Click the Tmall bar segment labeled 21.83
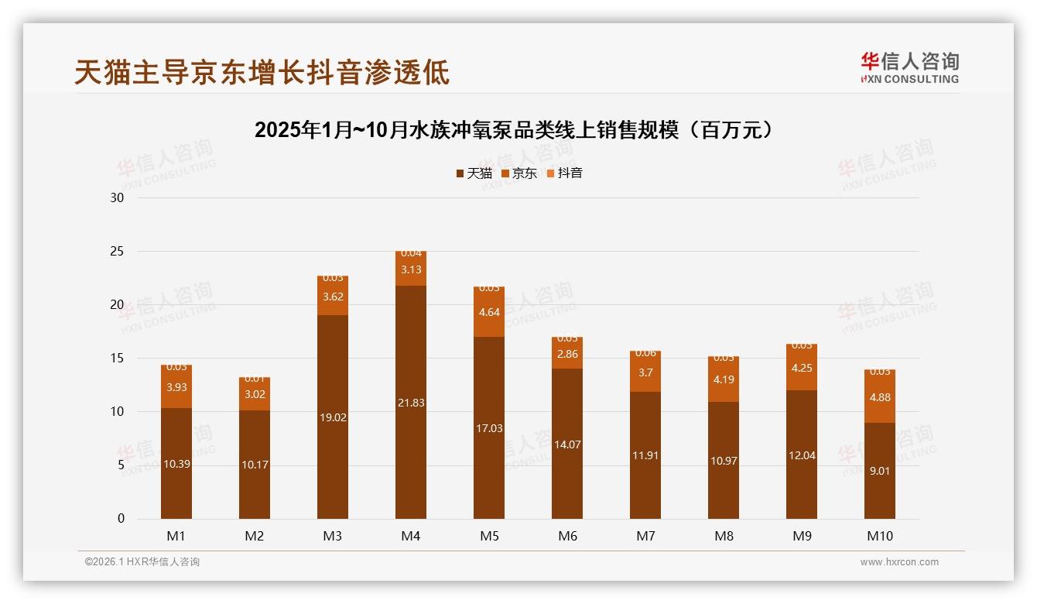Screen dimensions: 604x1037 pyautogui.click(x=411, y=403)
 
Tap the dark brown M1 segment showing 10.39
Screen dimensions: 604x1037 pyautogui.click(x=176, y=463)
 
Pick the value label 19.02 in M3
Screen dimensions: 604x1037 pyautogui.click(x=333, y=417)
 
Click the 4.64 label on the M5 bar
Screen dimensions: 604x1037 pyautogui.click(x=489, y=313)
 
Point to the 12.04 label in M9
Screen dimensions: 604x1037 pyautogui.click(x=802, y=455)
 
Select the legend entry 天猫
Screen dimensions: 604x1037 pyautogui.click(x=474, y=173)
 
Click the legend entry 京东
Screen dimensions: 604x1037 pyautogui.click(x=519, y=173)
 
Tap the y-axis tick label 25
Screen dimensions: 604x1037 pyautogui.click(x=118, y=252)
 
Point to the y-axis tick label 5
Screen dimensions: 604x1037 pyautogui.click(x=121, y=465)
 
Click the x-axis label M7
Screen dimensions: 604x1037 pyautogui.click(x=645, y=536)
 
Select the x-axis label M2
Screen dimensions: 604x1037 pyautogui.click(x=255, y=536)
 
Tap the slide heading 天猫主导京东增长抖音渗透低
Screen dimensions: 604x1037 pyautogui.click(x=262, y=72)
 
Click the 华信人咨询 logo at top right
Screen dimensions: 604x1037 pyautogui.click(x=909, y=67)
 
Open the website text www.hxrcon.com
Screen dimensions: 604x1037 pyautogui.click(x=899, y=562)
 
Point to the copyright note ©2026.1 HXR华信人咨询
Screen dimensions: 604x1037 pyautogui.click(x=142, y=562)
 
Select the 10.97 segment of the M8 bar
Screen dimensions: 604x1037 pyautogui.click(x=724, y=461)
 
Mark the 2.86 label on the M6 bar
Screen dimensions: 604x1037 pyautogui.click(x=567, y=354)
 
